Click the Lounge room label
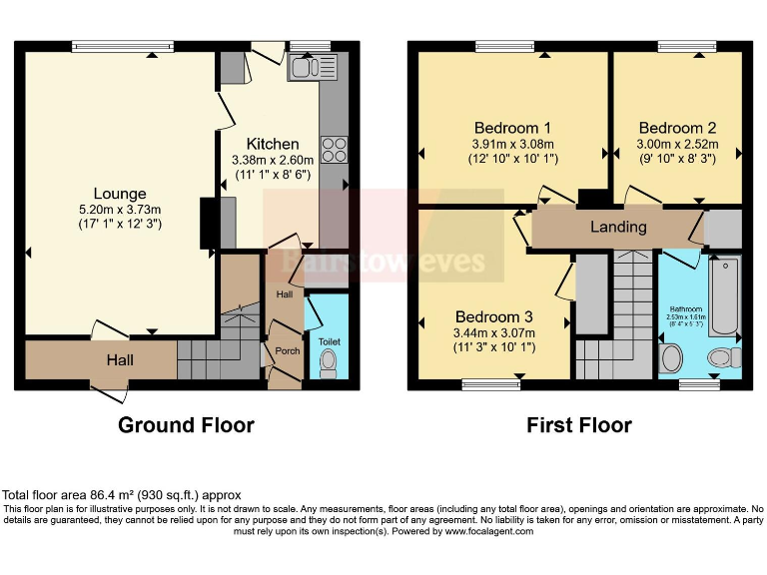tap(120, 194)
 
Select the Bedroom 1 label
tap(512, 128)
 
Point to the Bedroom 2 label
tap(677, 128)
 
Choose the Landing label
tap(618, 227)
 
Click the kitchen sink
tap(314, 67)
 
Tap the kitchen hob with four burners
tap(334, 149)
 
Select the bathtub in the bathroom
tap(724, 295)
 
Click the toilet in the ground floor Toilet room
tap(329, 364)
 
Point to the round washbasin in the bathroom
tap(671, 357)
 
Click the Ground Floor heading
tap(186, 425)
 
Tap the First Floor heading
tap(579, 425)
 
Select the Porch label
tap(288, 351)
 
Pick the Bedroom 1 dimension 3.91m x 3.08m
tap(512, 144)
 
